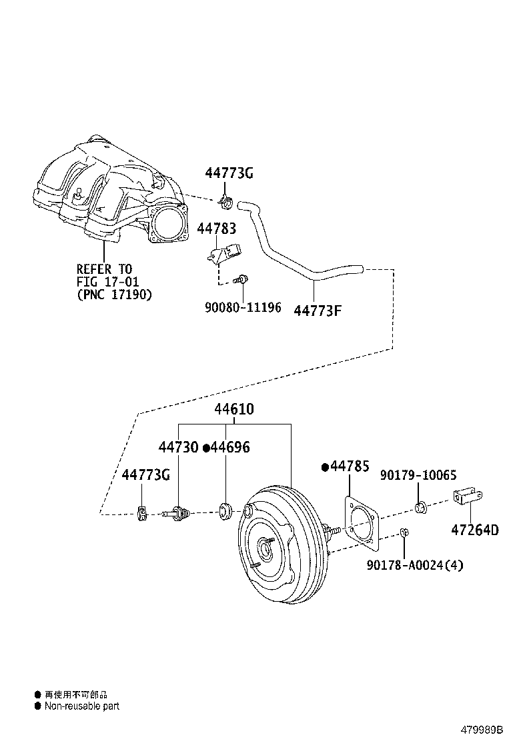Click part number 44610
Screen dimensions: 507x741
coord(234,408)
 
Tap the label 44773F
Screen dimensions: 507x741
coord(318,311)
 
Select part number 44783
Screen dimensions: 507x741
coord(217,229)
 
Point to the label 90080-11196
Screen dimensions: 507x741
coord(243,307)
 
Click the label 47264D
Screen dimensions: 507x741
coord(475,530)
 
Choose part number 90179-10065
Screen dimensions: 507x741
coord(418,475)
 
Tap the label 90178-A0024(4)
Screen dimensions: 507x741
coord(415,564)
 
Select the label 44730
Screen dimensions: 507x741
coord(178,447)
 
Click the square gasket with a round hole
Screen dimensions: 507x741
coord(362,522)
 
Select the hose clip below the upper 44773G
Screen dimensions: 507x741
coord(225,201)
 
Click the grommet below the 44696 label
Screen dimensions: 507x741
coord(224,511)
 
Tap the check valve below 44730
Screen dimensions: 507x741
coord(176,512)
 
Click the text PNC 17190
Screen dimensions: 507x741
coord(115,295)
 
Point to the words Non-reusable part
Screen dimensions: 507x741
coord(82,706)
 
